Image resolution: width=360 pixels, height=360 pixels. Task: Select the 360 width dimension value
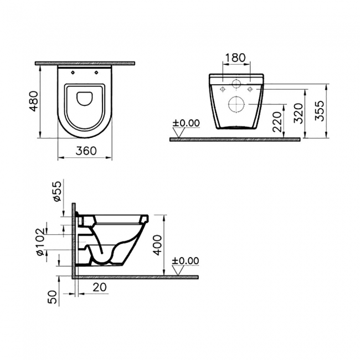pyautogui.click(x=86, y=150)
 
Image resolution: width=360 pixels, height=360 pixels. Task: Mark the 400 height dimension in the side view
pyautogui.click(x=158, y=244)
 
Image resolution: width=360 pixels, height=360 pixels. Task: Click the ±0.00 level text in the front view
pyautogui.click(x=186, y=122)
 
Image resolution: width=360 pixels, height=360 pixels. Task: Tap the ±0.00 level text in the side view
pyautogui.click(x=186, y=261)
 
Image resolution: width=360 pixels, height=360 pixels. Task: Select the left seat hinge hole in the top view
pyautogui.click(x=73, y=73)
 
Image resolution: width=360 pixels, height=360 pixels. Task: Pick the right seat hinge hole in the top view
pyautogui.click(x=96, y=73)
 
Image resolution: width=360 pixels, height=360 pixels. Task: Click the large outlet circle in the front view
pyautogui.click(x=236, y=104)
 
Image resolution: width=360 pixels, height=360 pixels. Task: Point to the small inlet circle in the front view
pyautogui.click(x=236, y=85)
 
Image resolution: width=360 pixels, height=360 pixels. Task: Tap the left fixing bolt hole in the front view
pyautogui.click(x=222, y=89)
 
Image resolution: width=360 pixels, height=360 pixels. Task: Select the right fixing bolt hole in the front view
pyautogui.click(x=250, y=89)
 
